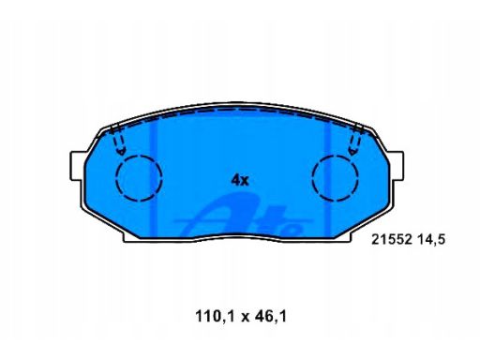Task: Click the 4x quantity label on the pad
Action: pos(240,180)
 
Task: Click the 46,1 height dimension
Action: pos(270,316)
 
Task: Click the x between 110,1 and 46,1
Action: pos(245,318)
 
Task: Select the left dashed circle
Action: pos(139,178)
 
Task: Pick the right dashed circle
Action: pos(335,177)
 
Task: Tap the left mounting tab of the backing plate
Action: pos(77,166)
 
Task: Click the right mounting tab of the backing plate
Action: pos(397,166)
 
